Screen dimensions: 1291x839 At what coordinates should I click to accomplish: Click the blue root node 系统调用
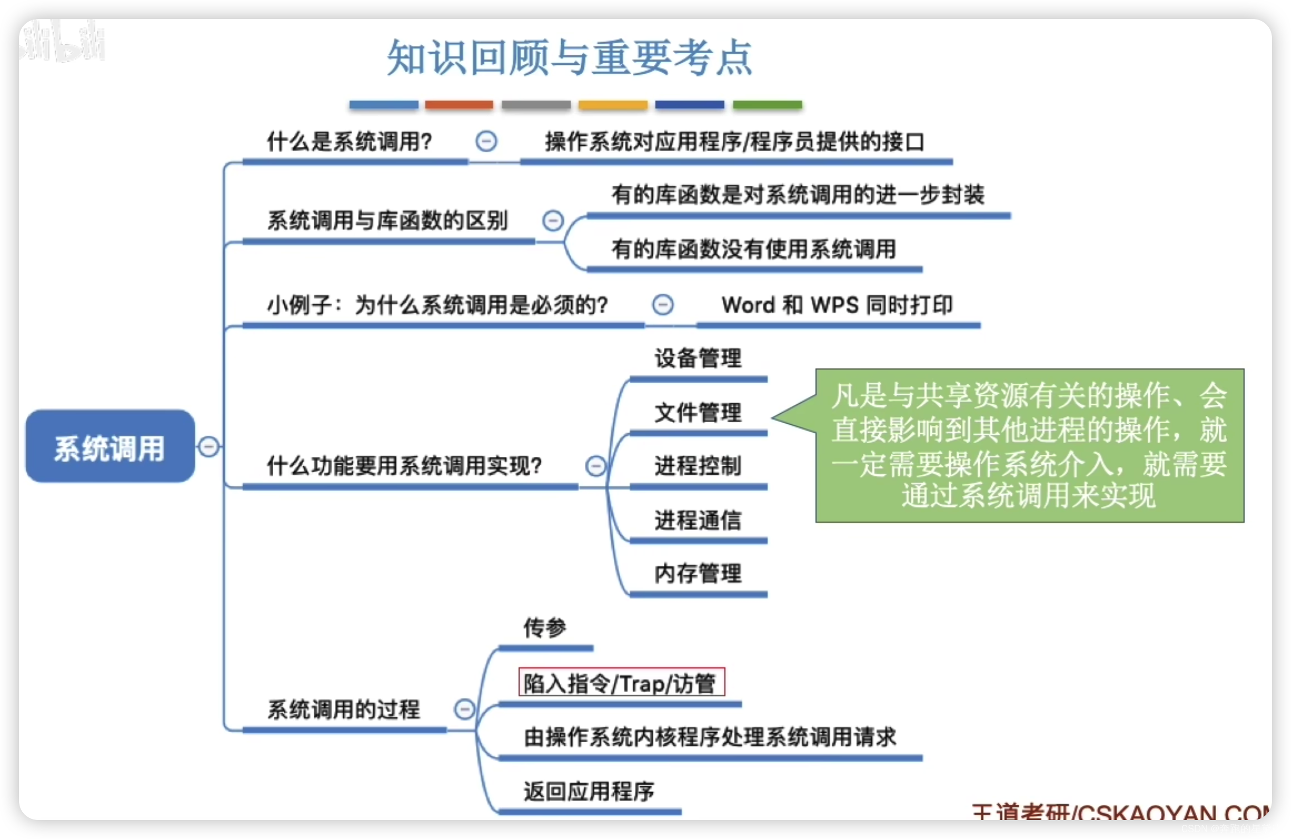coord(110,446)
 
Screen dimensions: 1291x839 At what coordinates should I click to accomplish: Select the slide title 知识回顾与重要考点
coord(569,57)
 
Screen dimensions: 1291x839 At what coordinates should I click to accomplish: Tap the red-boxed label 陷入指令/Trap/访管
coord(621,682)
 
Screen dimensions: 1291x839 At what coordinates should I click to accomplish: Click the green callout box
coord(1029,445)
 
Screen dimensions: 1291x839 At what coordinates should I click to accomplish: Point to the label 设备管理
coord(698,358)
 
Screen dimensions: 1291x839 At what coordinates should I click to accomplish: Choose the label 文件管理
coord(698,413)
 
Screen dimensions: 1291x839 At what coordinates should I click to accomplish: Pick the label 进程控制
coord(698,465)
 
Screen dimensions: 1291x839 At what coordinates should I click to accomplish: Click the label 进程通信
coord(698,520)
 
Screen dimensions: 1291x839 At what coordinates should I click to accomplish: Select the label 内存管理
coord(698,573)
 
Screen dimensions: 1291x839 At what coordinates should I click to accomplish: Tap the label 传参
coord(544,628)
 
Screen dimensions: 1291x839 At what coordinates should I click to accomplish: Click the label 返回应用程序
coord(589,791)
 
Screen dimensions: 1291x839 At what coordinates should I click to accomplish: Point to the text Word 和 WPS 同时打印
coord(837,305)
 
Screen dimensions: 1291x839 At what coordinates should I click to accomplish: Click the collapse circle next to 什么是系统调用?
coord(486,141)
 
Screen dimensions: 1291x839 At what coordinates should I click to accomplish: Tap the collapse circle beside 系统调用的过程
coord(464,709)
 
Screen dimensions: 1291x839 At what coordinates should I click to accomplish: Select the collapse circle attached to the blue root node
coord(209,446)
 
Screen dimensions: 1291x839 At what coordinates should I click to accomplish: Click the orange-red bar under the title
coord(459,104)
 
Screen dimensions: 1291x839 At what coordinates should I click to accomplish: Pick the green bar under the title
coord(767,104)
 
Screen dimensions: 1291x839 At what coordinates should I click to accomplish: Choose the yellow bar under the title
coord(612,104)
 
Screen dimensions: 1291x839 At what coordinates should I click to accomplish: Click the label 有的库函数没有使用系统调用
coord(754,249)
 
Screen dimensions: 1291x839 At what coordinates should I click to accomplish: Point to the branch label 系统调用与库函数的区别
coord(387,221)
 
